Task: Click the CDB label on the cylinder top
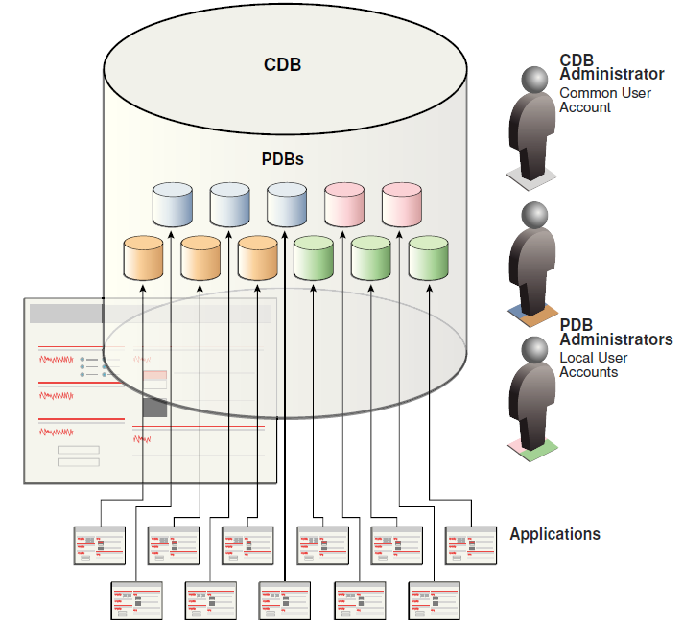click(283, 65)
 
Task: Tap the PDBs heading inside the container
click(283, 159)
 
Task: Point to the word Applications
click(554, 534)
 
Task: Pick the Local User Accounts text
click(593, 364)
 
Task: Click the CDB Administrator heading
click(611, 67)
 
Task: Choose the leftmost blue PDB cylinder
click(174, 202)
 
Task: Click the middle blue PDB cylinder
click(230, 202)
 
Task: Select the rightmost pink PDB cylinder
click(402, 202)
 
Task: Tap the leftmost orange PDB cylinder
click(144, 256)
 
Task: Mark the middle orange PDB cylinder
click(200, 256)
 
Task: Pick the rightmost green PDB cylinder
click(428, 256)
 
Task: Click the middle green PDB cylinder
click(371, 256)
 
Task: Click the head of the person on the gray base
click(535, 80)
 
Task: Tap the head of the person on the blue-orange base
click(535, 214)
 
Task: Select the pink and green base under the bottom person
click(535, 445)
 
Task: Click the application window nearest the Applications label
click(471, 545)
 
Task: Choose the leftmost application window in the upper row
click(101, 545)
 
